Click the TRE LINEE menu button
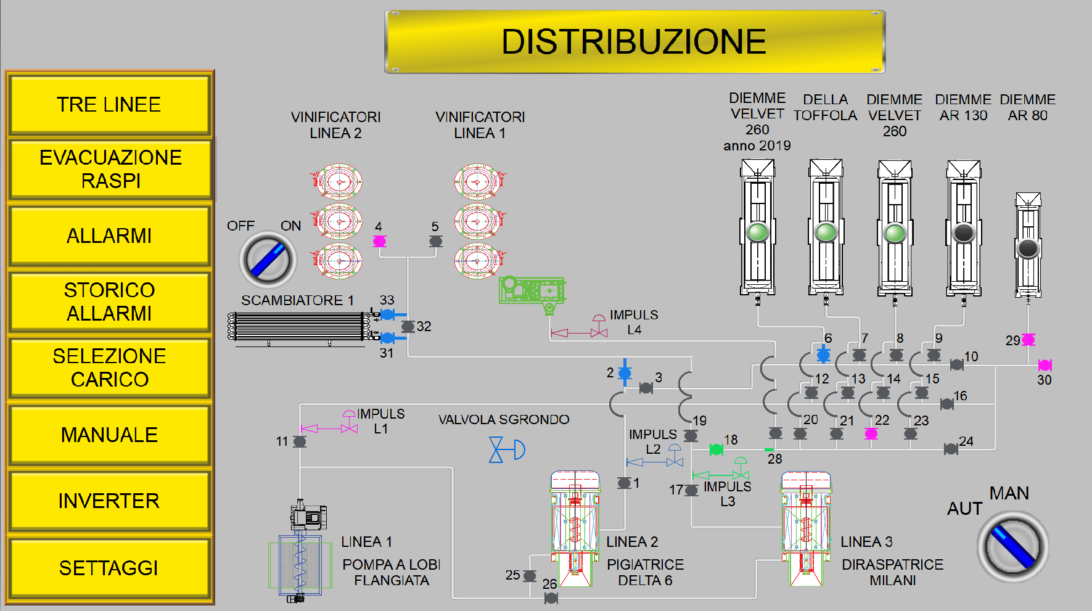(109, 104)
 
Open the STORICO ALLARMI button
(109, 301)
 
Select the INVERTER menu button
(109, 501)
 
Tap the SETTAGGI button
(109, 568)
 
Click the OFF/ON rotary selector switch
(268, 260)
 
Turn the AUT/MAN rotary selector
(1012, 546)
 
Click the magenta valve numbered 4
(380, 241)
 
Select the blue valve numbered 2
(625, 373)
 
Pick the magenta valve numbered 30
(1045, 365)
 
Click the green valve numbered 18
(716, 450)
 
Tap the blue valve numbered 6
(823, 355)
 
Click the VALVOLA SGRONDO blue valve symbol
(506, 449)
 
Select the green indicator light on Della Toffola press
(826, 232)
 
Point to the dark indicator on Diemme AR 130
(964, 232)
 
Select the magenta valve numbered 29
(1028, 340)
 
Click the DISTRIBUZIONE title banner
(635, 42)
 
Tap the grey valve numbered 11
(300, 441)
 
